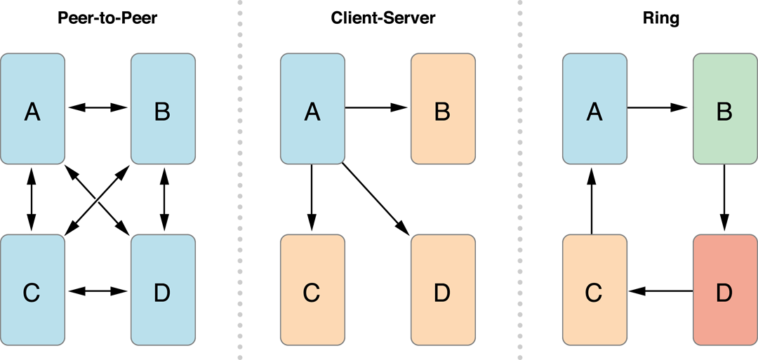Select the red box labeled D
725,290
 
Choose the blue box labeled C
32,290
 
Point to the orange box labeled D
443,290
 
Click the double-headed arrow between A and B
98,107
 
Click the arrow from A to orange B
377,107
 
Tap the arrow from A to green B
658,107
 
